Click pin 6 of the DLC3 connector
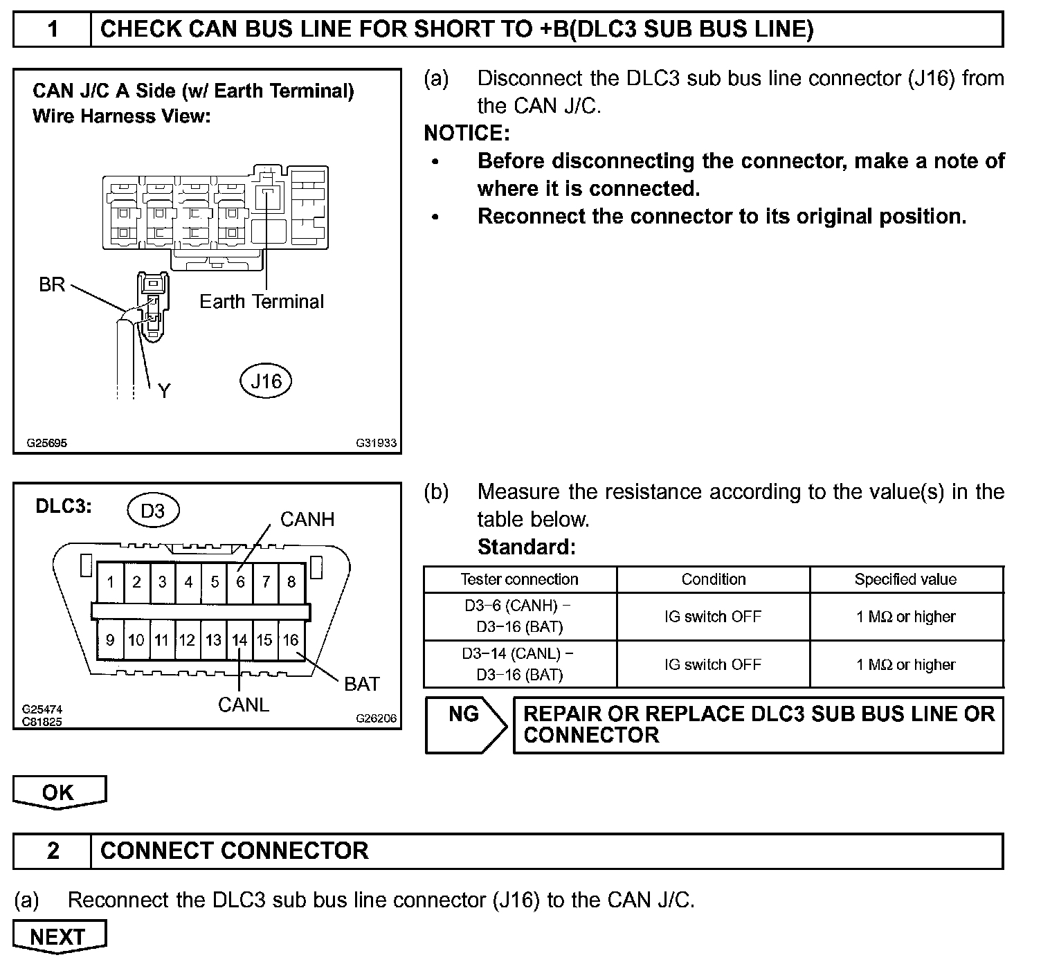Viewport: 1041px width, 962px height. coord(240,581)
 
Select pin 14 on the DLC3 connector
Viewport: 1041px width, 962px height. coord(239,639)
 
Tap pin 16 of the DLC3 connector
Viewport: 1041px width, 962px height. coord(291,639)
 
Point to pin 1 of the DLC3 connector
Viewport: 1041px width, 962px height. coord(110,581)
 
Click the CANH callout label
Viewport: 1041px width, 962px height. coord(307,519)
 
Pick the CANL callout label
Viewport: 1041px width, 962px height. coord(243,705)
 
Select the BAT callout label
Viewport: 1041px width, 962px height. coord(362,684)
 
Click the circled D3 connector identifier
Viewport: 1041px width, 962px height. coord(153,511)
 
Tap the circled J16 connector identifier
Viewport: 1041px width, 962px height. coord(266,381)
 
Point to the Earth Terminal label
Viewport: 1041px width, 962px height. coord(262,302)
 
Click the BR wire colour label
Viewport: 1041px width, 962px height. coord(52,284)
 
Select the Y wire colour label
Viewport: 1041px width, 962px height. coord(164,392)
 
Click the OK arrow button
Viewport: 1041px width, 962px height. coord(59,792)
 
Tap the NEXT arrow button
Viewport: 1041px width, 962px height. coord(59,936)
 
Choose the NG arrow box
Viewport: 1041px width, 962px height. coord(464,724)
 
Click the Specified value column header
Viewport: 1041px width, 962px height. coord(905,579)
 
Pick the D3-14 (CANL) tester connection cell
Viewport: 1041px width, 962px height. coord(519,664)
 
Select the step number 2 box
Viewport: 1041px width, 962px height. coord(53,851)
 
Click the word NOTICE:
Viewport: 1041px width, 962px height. coord(467,133)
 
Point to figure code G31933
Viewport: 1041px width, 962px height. coord(377,443)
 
